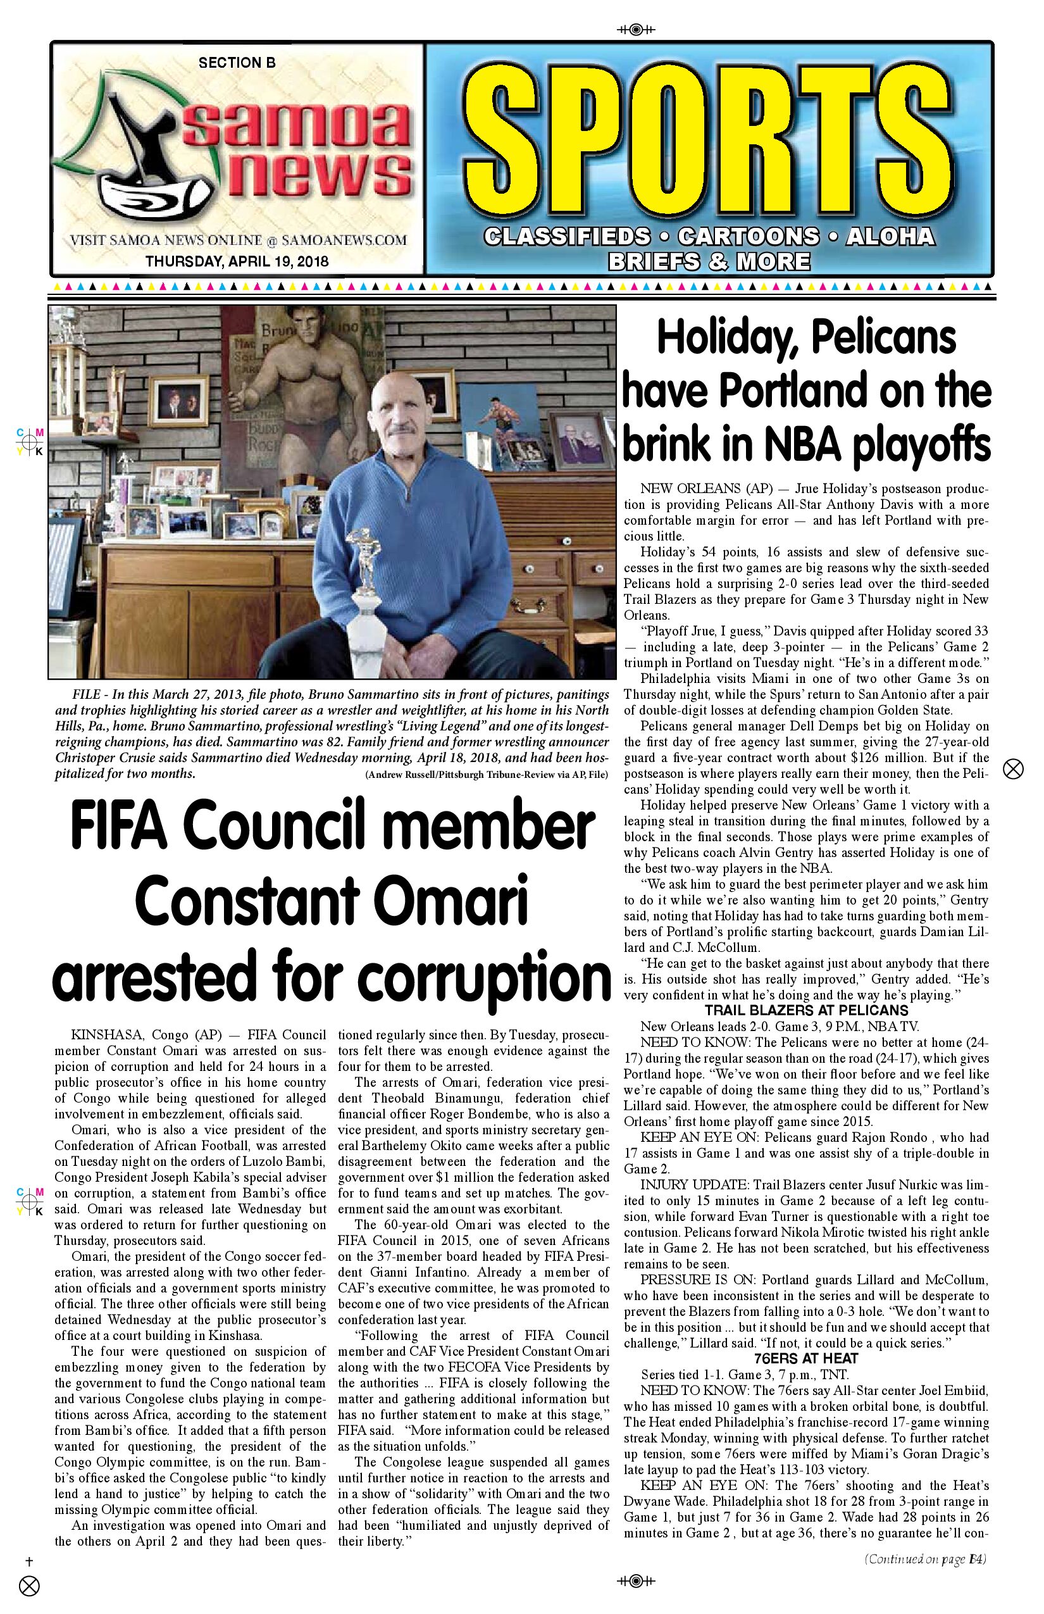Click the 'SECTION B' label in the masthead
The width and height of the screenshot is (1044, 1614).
click(x=237, y=63)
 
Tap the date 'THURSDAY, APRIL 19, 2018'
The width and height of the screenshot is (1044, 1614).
click(x=237, y=261)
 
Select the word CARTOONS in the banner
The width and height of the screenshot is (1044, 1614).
click(x=748, y=237)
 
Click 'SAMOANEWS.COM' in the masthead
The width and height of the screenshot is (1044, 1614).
click(x=344, y=240)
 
